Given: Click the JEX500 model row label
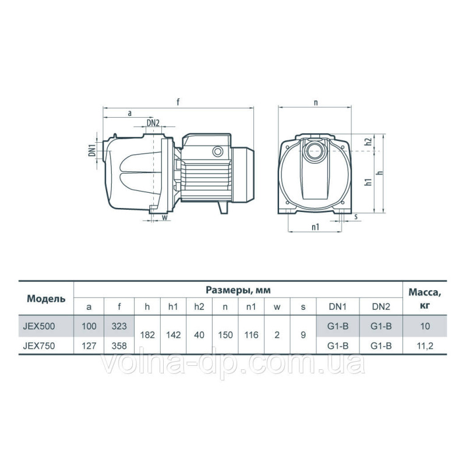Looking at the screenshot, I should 38,326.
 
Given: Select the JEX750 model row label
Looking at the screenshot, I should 38,344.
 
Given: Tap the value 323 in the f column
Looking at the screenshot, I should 119,326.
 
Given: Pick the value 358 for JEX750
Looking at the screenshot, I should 119,344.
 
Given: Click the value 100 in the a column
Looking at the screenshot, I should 89,326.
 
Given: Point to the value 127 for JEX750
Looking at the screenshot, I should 89,344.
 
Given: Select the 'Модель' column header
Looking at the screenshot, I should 42,299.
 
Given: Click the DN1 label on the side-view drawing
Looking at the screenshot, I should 91,150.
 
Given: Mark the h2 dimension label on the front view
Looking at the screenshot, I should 368,142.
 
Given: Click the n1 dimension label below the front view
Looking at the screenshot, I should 315,228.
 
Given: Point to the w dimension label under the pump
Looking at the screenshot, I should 164,218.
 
